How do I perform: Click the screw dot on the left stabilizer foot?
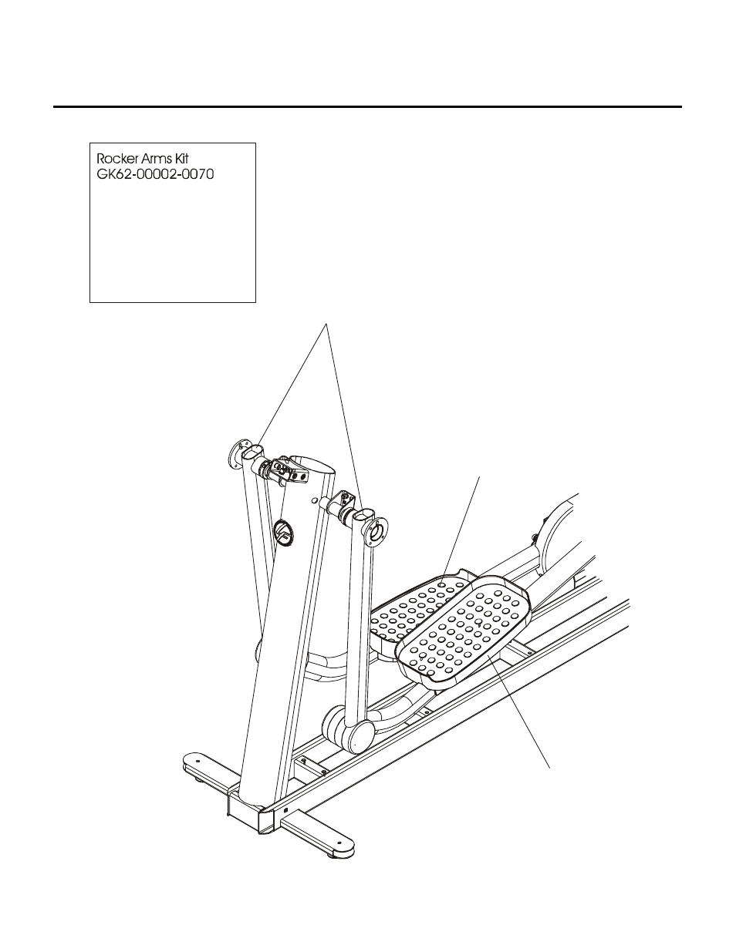[x=198, y=760]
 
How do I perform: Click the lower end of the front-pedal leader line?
[x=549, y=767]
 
